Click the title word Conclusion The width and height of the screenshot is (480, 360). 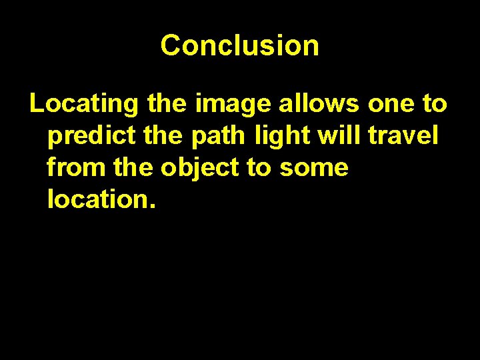[239, 45]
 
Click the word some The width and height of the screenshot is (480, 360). [313, 167]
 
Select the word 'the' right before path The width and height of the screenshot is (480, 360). [163, 136]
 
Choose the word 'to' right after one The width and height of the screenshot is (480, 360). [435, 104]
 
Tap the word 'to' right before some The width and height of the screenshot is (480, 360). [259, 167]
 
